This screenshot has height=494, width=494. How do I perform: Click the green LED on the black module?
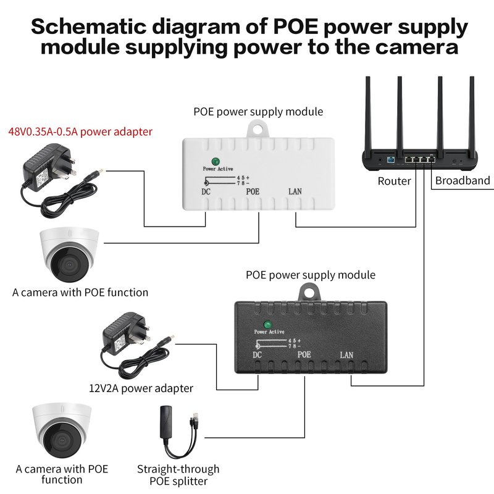pyautogui.click(x=267, y=325)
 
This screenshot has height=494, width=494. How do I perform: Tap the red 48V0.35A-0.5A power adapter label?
pyautogui.click(x=80, y=131)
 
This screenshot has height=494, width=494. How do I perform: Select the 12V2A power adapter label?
pyautogui.click(x=141, y=388)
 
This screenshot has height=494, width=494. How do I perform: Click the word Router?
pyautogui.click(x=394, y=181)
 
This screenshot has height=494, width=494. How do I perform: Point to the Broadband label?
pyautogui.click(x=463, y=181)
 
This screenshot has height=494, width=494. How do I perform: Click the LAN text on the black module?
pyautogui.click(x=347, y=355)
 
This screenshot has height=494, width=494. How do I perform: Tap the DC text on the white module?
pyautogui.click(x=206, y=191)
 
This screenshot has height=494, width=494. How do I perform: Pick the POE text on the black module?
pyautogui.click(x=304, y=355)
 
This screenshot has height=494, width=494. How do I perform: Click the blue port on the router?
pyautogui.click(x=390, y=160)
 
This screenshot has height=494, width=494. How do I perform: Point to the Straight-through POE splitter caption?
pyautogui.click(x=178, y=475)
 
